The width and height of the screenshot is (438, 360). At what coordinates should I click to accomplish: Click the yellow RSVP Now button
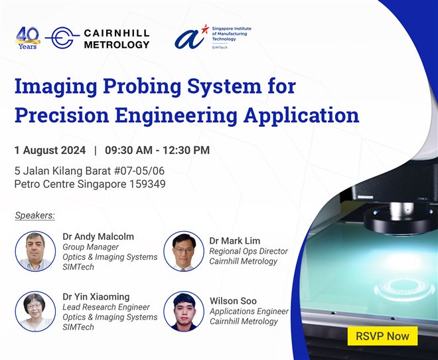pyautogui.click(x=382, y=335)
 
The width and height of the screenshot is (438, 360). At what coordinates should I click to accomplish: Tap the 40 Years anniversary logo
pyautogui.click(x=27, y=38)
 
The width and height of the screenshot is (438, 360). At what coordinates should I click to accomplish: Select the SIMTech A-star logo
pyautogui.click(x=192, y=37)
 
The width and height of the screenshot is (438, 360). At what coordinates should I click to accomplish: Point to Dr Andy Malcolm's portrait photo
pyautogui.click(x=35, y=251)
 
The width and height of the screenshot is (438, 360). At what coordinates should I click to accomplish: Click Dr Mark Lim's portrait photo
pyautogui.click(x=183, y=251)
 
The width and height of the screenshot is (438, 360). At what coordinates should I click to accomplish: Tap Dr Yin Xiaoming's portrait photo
pyautogui.click(x=35, y=311)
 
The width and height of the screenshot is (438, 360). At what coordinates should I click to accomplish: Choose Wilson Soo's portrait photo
pyautogui.click(x=183, y=311)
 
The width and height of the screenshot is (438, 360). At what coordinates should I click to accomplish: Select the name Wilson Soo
pyautogui.click(x=232, y=300)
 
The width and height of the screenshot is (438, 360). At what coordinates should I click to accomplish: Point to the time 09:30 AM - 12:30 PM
pyautogui.click(x=157, y=150)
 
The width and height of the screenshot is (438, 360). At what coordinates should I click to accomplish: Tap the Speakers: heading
pyautogui.click(x=35, y=215)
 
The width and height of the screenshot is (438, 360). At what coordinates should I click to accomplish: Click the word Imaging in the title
pyautogui.click(x=62, y=87)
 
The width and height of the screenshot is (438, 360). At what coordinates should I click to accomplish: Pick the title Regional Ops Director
pyautogui.click(x=248, y=251)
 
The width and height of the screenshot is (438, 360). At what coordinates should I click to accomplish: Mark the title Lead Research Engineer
pyautogui.click(x=106, y=307)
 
